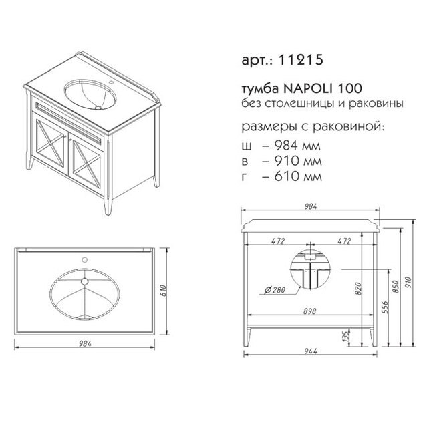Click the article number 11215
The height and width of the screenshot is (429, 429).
pyautogui.click(x=301, y=59)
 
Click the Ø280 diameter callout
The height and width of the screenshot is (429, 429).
pyautogui.click(x=275, y=290)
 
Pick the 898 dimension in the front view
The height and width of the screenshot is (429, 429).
pyautogui.click(x=309, y=311)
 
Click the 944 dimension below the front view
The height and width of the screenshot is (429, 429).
pyautogui.click(x=311, y=351)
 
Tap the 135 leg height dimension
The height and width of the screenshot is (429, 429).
pyautogui.click(x=346, y=337)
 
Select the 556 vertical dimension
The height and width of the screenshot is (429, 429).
pyautogui.click(x=385, y=307)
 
